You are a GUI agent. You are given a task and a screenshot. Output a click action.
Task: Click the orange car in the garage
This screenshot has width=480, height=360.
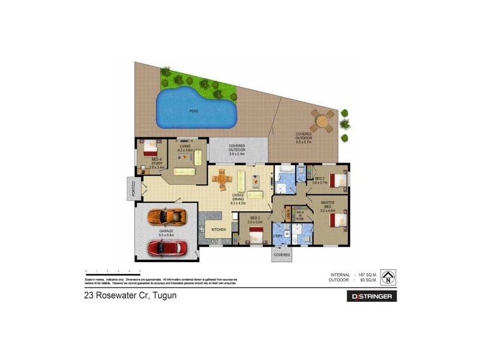click(x=166, y=216)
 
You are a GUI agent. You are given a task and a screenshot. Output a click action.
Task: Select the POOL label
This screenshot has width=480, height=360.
click(x=193, y=111)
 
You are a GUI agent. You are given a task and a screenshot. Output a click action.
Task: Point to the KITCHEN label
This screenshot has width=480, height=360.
click(x=218, y=230)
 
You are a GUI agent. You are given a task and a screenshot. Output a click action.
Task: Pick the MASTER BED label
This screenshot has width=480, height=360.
click(x=328, y=205)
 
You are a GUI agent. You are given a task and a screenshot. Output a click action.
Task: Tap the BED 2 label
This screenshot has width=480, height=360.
click(x=320, y=178)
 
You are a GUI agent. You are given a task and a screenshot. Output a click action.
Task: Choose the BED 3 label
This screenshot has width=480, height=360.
click(x=254, y=218)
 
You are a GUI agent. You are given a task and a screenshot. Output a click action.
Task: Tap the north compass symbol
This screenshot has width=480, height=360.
click(x=389, y=277)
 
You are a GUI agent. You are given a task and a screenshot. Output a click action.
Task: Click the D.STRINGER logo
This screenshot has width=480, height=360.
click(x=372, y=296)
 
